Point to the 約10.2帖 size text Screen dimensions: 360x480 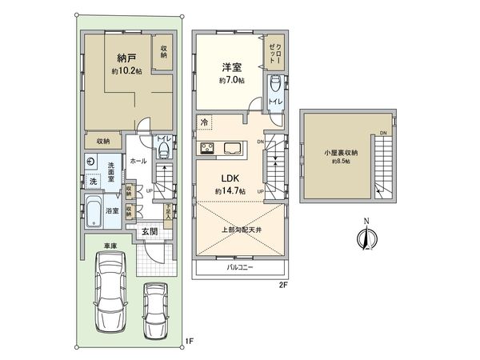click(126, 70)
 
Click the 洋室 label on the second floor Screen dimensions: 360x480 click(232, 70)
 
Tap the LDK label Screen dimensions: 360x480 click(230, 178)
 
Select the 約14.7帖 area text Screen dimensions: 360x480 click(230, 192)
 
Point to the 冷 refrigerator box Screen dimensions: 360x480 click(204, 123)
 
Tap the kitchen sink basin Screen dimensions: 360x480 click(234, 146)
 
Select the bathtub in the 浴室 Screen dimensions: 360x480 click(91, 212)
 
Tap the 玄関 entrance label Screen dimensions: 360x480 click(150, 232)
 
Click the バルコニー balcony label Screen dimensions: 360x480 click(239, 266)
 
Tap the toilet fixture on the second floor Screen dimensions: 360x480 click(274, 84)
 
